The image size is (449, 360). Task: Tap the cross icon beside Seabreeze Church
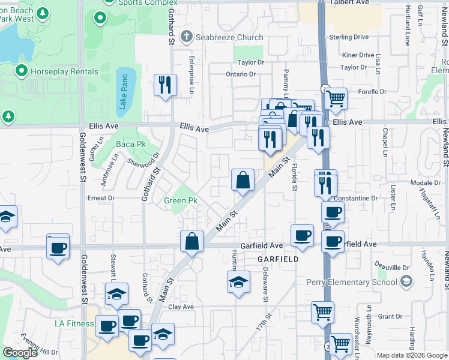(187, 37)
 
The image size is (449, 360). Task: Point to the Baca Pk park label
(131, 145)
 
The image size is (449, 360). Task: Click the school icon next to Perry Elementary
(406, 282)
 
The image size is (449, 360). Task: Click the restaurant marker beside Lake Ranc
(165, 85)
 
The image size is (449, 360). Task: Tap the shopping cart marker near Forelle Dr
(336, 98)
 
